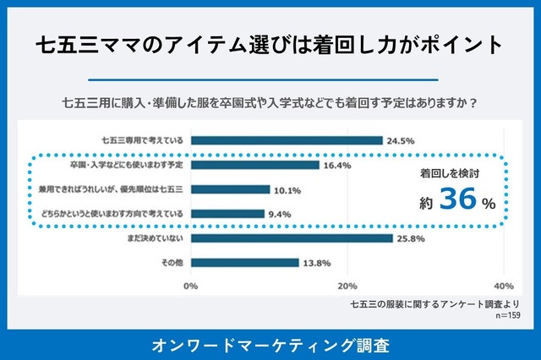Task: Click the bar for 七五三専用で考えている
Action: click(287, 140)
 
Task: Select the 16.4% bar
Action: click(254, 165)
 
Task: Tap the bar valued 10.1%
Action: click(230, 189)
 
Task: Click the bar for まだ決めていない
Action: click(292, 238)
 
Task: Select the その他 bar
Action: click(244, 262)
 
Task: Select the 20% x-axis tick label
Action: click(347, 285)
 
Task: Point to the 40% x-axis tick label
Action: click(503, 285)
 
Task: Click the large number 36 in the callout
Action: click(459, 202)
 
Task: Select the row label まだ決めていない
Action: click(152, 238)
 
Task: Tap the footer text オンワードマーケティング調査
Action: click(270, 345)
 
